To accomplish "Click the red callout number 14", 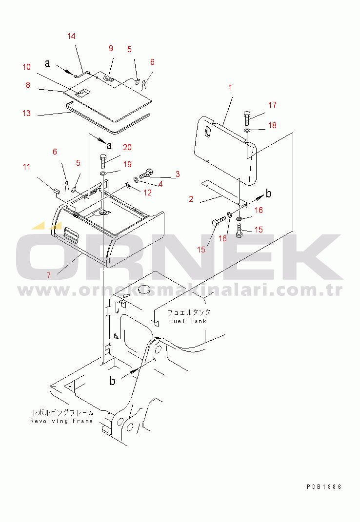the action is tap(71, 36).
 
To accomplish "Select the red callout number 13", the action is tap(26, 113).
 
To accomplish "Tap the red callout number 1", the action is tap(230, 87).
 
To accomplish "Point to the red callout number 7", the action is tap(49, 275).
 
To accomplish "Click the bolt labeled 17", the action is tap(247, 118).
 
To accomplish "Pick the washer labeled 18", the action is tap(247, 130).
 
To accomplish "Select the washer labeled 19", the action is tap(102, 174).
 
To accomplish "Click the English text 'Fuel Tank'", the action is tap(188, 321).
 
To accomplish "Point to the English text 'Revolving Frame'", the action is tap(61, 421).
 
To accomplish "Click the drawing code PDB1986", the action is tap(324, 487).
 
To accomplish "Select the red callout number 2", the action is tap(191, 199).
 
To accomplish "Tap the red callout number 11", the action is tap(27, 167).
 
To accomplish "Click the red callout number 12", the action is tap(147, 193).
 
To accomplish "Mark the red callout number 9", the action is tap(111, 49).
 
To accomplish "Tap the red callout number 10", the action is tap(26, 67).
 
